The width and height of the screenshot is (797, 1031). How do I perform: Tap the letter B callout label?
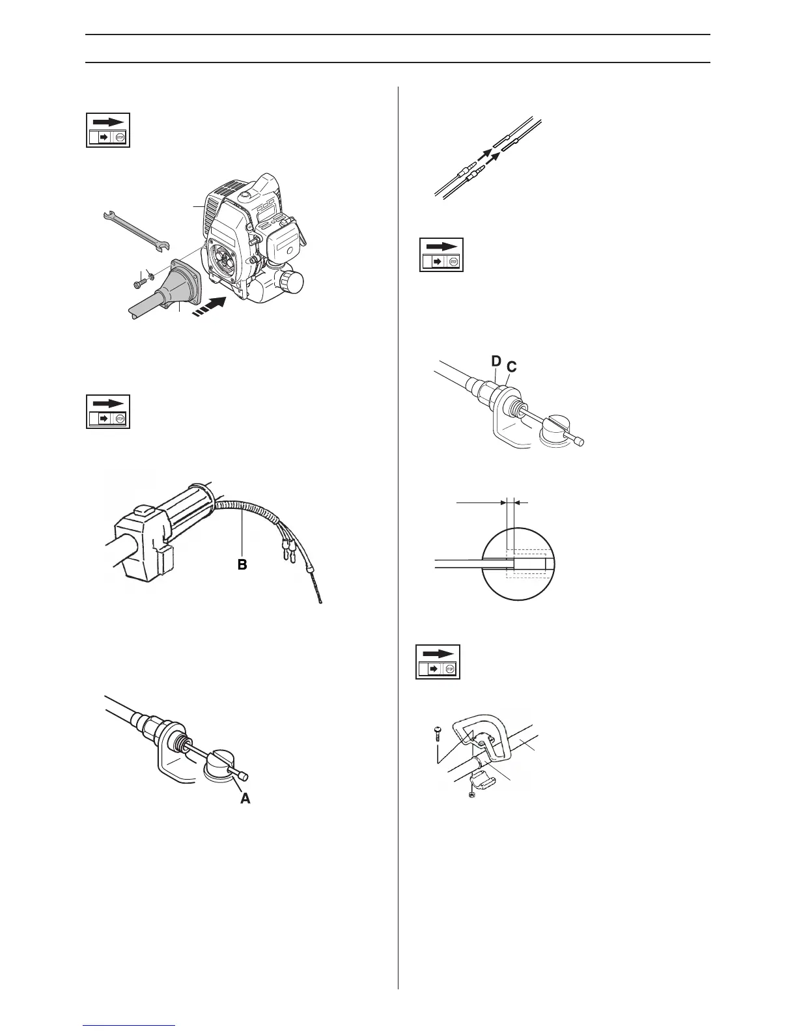coord(242,564)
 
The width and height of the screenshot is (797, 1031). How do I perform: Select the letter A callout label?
coord(245,797)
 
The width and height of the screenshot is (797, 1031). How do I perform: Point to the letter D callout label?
coord(497,360)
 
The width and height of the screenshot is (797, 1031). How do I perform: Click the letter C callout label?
coord(511,367)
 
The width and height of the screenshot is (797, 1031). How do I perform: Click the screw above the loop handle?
coord(438,734)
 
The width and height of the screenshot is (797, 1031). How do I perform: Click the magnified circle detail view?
coord(518,560)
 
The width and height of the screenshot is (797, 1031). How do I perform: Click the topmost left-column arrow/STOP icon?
coord(108,130)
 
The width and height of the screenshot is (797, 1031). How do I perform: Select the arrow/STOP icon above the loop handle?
coord(438,662)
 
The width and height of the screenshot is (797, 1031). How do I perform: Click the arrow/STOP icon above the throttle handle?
coord(108,411)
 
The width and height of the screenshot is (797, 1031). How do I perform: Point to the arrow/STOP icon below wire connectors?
coord(441,254)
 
